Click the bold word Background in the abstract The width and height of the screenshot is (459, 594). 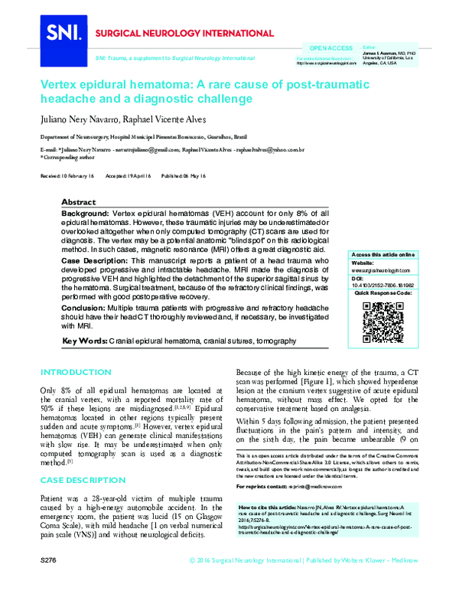coord(86,211)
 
